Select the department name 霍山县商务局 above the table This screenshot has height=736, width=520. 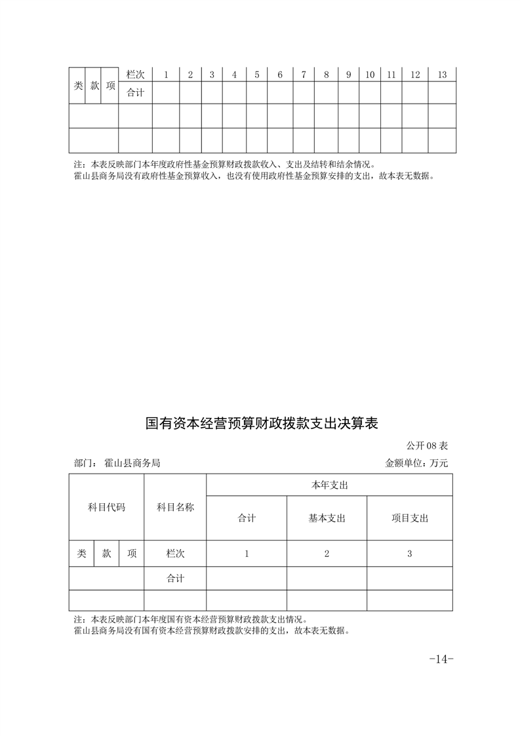[132, 462]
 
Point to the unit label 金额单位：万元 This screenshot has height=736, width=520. [416, 462]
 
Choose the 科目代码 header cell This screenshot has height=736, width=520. [106, 507]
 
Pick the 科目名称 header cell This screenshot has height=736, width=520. [175, 507]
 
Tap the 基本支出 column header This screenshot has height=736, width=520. [327, 518]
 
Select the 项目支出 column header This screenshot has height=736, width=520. [409, 518]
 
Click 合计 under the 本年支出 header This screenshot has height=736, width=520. [247, 518]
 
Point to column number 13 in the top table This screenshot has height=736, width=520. [442, 75]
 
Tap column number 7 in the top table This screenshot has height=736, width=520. [304, 75]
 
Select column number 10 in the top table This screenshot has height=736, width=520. [370, 75]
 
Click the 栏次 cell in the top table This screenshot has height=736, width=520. [135, 75]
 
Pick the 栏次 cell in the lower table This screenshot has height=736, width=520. [175, 554]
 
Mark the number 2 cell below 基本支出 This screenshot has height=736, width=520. [327, 554]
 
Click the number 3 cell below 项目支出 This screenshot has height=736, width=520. [409, 554]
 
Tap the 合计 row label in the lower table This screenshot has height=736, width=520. [175, 579]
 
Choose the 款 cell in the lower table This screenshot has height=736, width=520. [106, 554]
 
